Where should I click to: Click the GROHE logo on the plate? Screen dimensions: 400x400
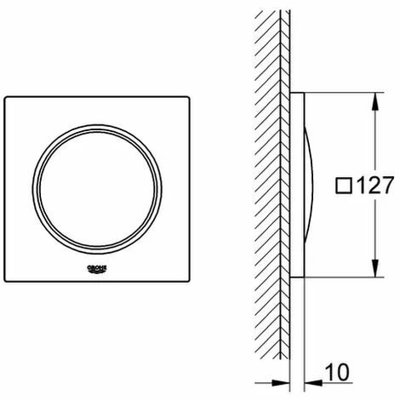(97, 269)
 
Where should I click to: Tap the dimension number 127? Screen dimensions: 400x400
(375, 186)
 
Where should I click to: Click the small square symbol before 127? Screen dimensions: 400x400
(344, 186)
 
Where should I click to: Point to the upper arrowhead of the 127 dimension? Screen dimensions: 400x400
(375, 101)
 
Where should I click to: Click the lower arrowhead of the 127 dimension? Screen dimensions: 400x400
(375, 268)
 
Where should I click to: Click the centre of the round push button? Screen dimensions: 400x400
(97, 189)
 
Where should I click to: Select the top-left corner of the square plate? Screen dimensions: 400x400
(4, 97)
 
